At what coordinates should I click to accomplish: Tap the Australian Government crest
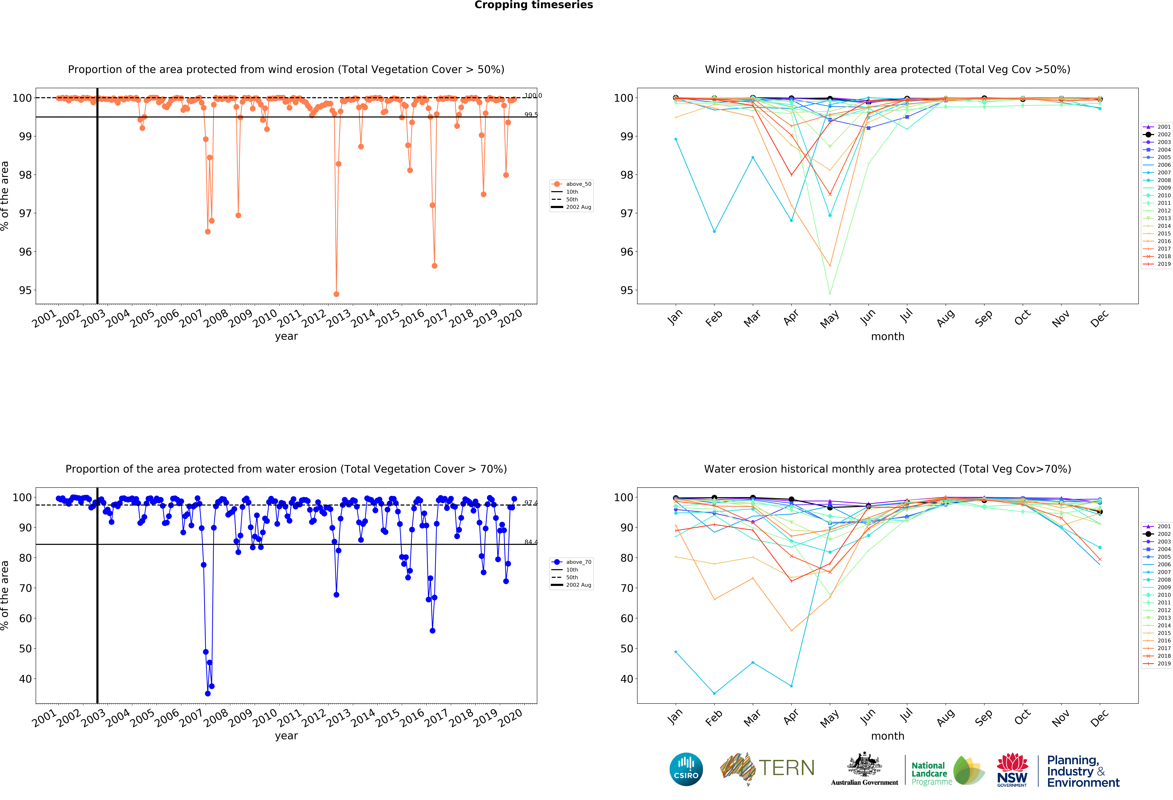point(865,765)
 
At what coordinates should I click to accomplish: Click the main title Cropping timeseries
point(534,5)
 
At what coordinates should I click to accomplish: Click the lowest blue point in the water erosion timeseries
point(207,693)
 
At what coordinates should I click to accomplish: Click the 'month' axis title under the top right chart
point(887,336)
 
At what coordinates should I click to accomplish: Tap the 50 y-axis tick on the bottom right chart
point(626,648)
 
